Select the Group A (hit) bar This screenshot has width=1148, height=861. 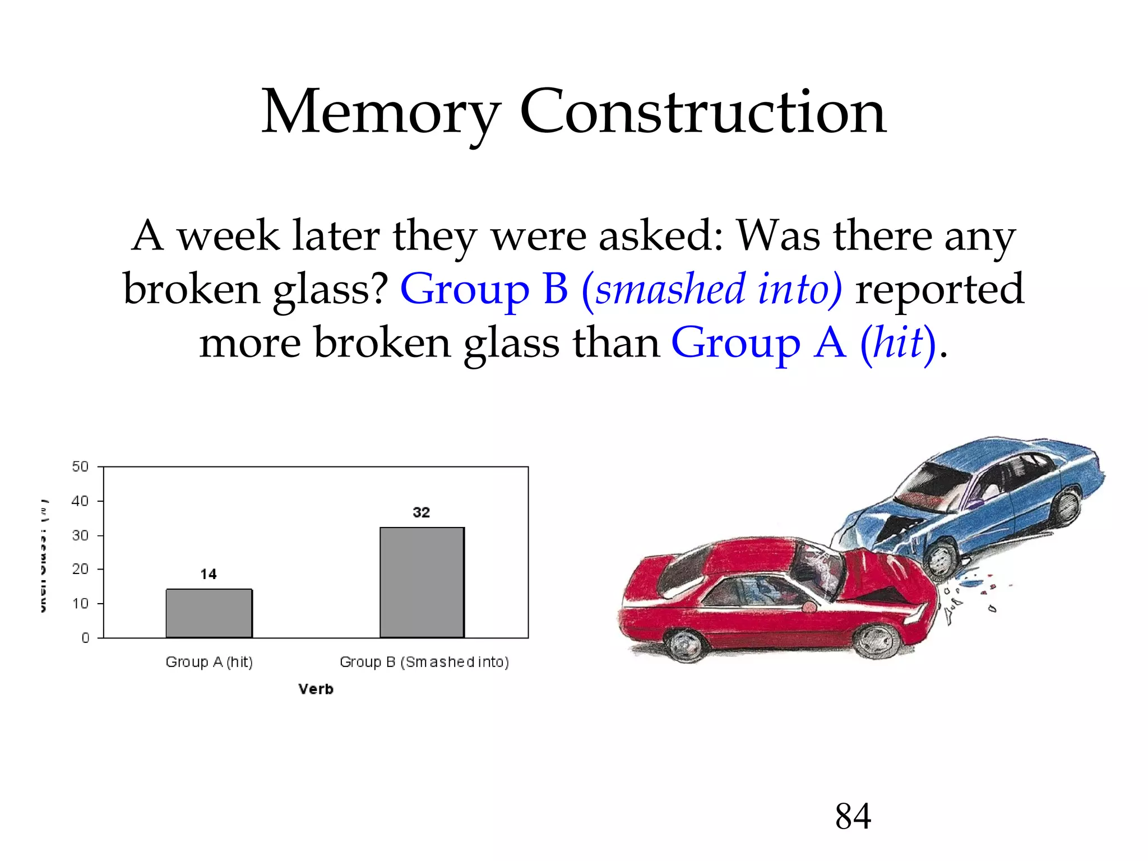[209, 613]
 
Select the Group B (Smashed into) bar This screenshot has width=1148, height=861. [422, 582]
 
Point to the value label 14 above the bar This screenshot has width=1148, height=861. [209, 574]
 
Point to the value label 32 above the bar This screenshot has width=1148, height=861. [422, 512]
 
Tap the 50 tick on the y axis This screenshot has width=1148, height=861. [81, 466]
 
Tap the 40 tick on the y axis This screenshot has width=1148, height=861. [81, 501]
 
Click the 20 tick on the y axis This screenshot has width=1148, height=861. [81, 570]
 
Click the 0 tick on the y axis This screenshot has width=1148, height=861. [85, 638]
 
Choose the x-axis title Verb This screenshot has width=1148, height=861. [316, 689]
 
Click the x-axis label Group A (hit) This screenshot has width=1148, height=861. [209, 662]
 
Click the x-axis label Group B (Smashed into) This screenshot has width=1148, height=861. [424, 662]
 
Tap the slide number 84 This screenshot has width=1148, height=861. [853, 816]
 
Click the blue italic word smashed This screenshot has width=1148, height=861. [670, 289]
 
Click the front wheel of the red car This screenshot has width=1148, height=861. [876, 641]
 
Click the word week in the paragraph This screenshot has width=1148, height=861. [228, 236]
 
